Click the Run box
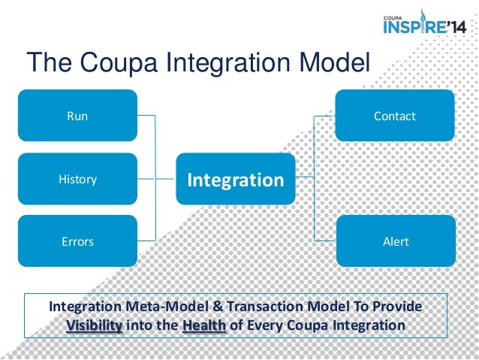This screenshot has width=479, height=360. pyautogui.click(x=77, y=116)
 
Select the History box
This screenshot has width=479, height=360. pyautogui.click(x=77, y=179)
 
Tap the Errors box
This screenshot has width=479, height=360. pyautogui.click(x=77, y=241)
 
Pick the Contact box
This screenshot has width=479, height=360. pyautogui.click(x=394, y=116)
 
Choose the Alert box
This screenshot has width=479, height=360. pyautogui.click(x=394, y=241)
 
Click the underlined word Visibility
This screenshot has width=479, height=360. pyautogui.click(x=94, y=326)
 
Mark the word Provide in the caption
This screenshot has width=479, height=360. pyautogui.click(x=397, y=308)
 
